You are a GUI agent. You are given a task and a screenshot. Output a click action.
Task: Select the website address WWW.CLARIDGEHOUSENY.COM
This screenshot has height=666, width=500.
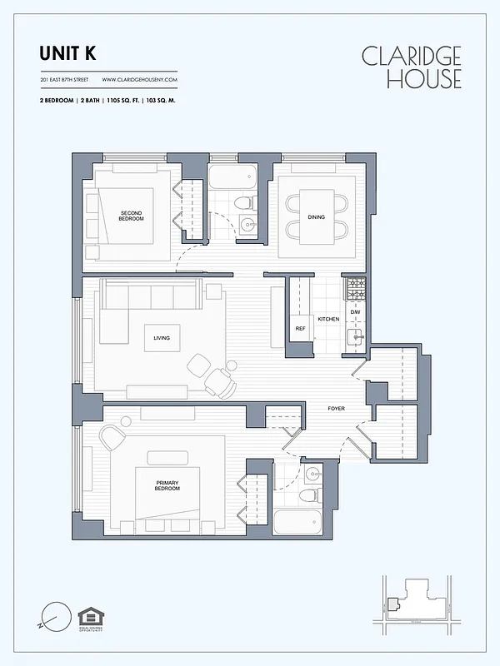click(x=140, y=80)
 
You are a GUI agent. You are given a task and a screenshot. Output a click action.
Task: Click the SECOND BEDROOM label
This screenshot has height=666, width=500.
click(x=131, y=216)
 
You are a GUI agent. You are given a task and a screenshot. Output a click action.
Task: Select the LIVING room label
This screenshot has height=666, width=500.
click(x=162, y=338)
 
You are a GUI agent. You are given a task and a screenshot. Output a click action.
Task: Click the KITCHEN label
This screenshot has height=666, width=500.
click(x=328, y=320)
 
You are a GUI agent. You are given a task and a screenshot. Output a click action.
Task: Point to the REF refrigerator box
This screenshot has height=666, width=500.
click(x=300, y=329)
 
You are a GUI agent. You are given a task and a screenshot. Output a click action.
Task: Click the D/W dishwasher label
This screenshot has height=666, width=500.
click(x=354, y=311)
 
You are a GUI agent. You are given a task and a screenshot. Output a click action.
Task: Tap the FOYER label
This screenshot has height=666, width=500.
click(x=336, y=408)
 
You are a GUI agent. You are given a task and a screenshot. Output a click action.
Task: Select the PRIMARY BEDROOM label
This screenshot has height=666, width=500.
click(x=167, y=485)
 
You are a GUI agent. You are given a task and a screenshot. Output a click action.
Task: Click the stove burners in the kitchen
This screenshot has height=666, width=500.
click(x=355, y=289)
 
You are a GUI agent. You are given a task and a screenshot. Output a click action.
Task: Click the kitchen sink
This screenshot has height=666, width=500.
click(x=354, y=335)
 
